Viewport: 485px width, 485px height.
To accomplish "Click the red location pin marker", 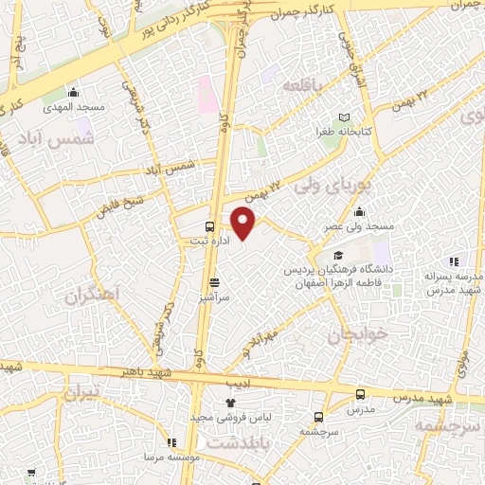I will [x=244, y=225].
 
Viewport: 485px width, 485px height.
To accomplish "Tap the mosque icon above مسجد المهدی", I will [x=75, y=92].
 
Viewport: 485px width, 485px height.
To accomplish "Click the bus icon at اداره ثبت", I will [x=210, y=227].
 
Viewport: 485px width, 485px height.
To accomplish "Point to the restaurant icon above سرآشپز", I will [x=214, y=281].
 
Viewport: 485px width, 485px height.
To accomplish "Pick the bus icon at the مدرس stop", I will [x=360, y=395].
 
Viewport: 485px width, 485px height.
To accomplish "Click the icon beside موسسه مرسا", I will [x=171, y=441].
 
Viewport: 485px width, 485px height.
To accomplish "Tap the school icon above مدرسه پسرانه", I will [x=455, y=260].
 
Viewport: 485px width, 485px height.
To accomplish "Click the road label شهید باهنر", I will [x=148, y=370].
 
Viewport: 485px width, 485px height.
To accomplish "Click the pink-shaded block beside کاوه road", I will [x=207, y=94].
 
